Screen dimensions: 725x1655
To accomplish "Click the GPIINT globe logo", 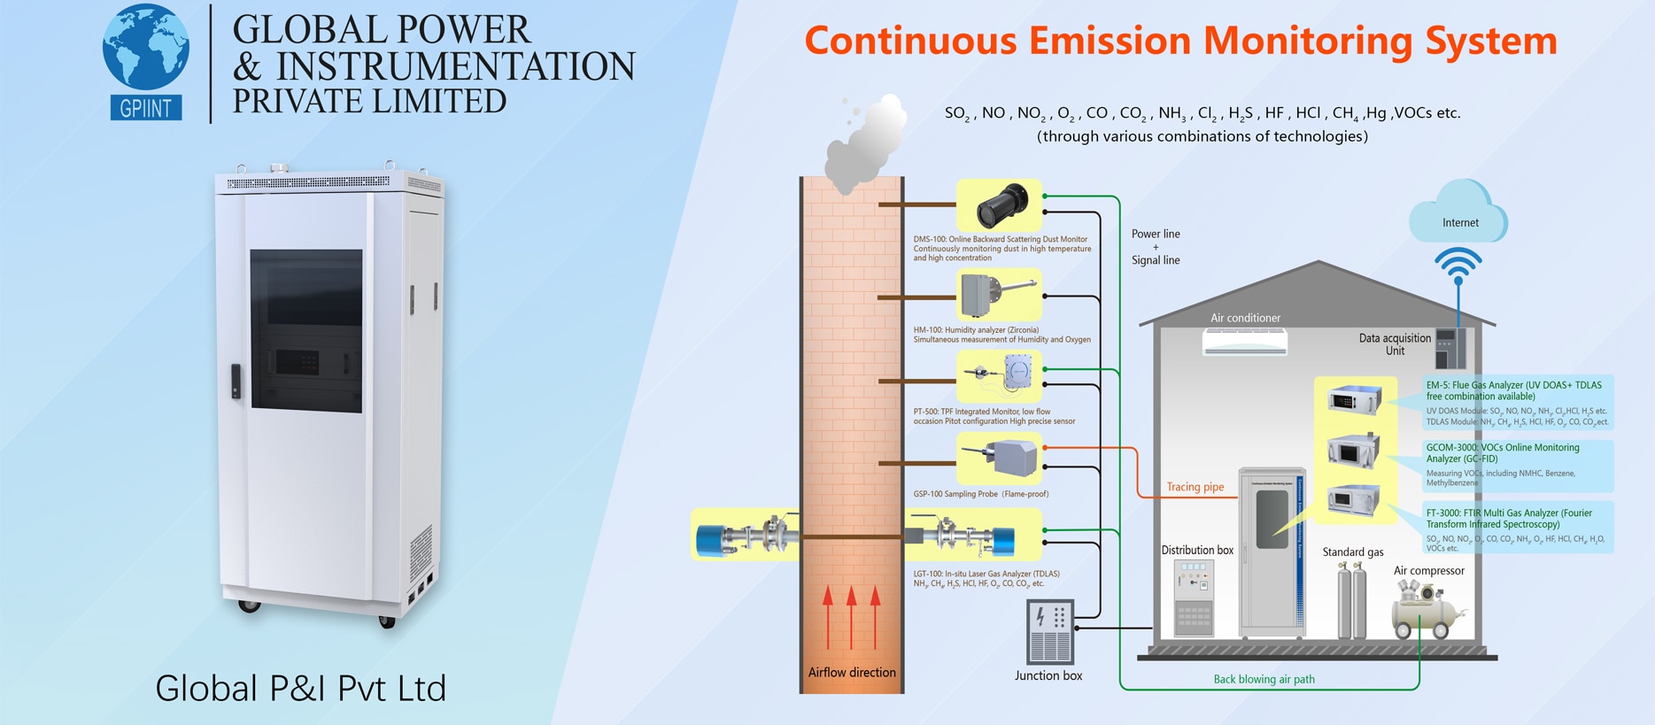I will (x=146, y=60).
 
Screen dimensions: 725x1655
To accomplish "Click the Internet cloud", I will (x=1459, y=215).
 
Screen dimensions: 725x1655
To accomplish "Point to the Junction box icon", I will (x=1050, y=631).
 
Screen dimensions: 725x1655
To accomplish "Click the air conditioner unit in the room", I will (x=1245, y=342).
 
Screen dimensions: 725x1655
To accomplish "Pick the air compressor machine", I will (x=1425, y=612).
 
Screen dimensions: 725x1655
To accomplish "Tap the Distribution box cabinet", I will (x=1194, y=598).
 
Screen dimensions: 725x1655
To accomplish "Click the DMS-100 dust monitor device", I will (x=1002, y=205).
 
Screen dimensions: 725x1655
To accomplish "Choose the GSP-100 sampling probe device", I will (x=1004, y=459).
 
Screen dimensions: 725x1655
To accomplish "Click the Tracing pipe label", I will (x=1195, y=487).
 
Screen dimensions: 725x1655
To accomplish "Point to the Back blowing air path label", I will (x=1264, y=679).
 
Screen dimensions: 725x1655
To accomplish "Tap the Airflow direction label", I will (x=852, y=672).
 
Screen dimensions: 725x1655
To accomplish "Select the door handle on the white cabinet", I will (x=236, y=381).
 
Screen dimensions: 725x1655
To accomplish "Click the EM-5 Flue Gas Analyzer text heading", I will (x=1513, y=390).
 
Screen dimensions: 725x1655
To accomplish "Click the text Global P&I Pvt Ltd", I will (x=301, y=688).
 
